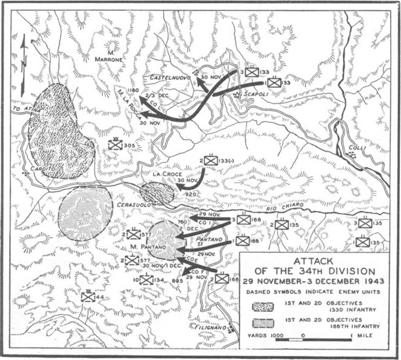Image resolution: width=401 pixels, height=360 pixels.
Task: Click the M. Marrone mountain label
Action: click(108, 55)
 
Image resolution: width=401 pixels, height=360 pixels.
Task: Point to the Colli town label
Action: click(357, 146)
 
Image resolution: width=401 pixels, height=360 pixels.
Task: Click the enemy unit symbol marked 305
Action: click(116, 144)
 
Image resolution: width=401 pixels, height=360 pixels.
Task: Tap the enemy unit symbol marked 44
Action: click(88, 296)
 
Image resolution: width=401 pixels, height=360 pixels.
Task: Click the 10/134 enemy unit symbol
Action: click(146, 279)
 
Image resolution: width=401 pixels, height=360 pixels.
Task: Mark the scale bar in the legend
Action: click(319, 340)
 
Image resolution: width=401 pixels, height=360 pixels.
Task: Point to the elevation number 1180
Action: click(133, 90)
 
